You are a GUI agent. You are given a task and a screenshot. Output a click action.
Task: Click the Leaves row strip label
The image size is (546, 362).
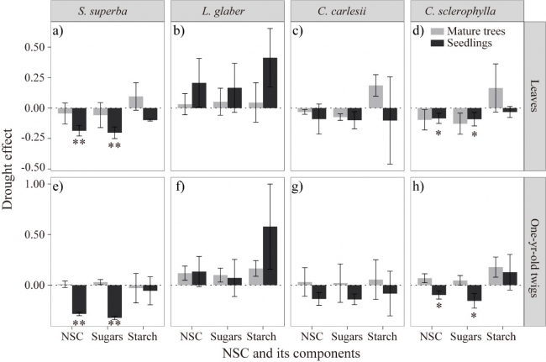click(x=535, y=96)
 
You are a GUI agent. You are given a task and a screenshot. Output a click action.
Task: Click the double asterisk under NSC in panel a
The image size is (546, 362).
click(x=79, y=144)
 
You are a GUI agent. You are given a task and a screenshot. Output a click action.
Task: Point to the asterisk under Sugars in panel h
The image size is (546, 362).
click(x=473, y=315)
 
